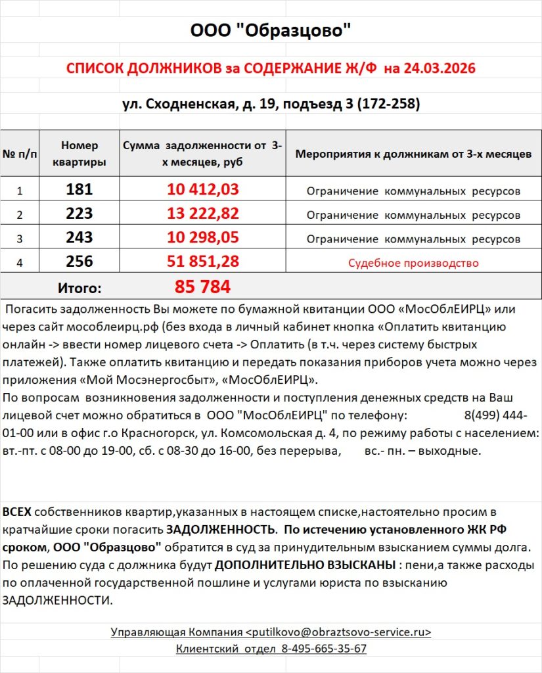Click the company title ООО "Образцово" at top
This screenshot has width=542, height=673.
click(271, 31)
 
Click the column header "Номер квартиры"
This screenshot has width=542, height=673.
click(79, 154)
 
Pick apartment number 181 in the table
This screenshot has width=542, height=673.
click(79, 190)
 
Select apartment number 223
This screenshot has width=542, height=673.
click(79, 214)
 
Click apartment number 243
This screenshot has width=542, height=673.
click(79, 237)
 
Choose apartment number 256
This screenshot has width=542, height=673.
click(79, 262)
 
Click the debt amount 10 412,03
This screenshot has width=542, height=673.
click(202, 190)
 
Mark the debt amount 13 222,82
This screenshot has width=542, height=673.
click(202, 214)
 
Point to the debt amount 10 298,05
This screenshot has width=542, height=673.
click(202, 237)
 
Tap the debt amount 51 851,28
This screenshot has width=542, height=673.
click(202, 262)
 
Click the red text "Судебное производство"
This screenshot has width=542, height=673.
click(413, 263)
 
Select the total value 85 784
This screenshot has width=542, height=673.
click(202, 287)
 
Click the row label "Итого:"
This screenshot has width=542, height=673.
click(79, 288)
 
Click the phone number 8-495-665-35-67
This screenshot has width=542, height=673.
click(324, 649)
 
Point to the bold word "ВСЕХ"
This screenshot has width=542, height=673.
click(17, 512)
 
